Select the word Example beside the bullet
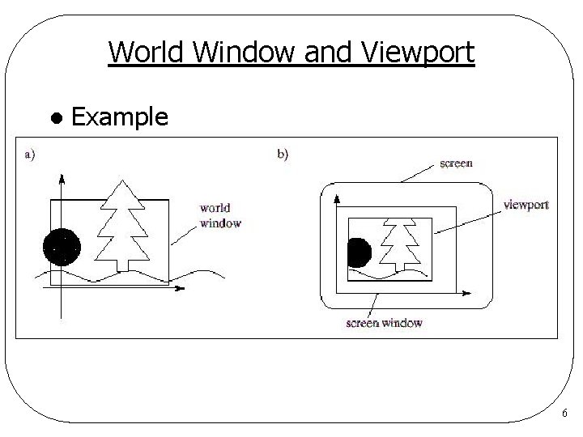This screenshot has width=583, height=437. tap(120, 117)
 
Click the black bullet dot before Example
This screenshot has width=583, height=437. tap(56, 118)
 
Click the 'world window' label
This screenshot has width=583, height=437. tap(220, 215)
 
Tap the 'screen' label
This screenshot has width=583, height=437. tap(456, 163)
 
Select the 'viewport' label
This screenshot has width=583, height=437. tap(526, 205)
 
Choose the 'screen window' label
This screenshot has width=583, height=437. tap(383, 323)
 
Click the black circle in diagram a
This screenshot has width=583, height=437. tap(62, 248)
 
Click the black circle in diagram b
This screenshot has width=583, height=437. tap(357, 253)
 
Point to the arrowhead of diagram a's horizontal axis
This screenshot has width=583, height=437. tap(180, 288)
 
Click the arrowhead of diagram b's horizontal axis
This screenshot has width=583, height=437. tap(469, 291)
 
